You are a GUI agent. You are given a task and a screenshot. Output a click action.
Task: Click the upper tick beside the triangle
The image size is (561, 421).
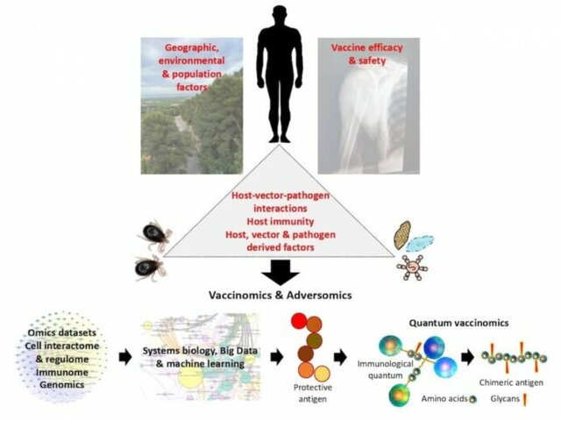154,235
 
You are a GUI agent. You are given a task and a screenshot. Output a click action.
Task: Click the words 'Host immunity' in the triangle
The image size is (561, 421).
279,223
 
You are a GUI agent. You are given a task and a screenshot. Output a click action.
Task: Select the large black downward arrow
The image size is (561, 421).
280,271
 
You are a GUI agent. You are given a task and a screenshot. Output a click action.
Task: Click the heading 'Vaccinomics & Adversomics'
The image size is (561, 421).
280,296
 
